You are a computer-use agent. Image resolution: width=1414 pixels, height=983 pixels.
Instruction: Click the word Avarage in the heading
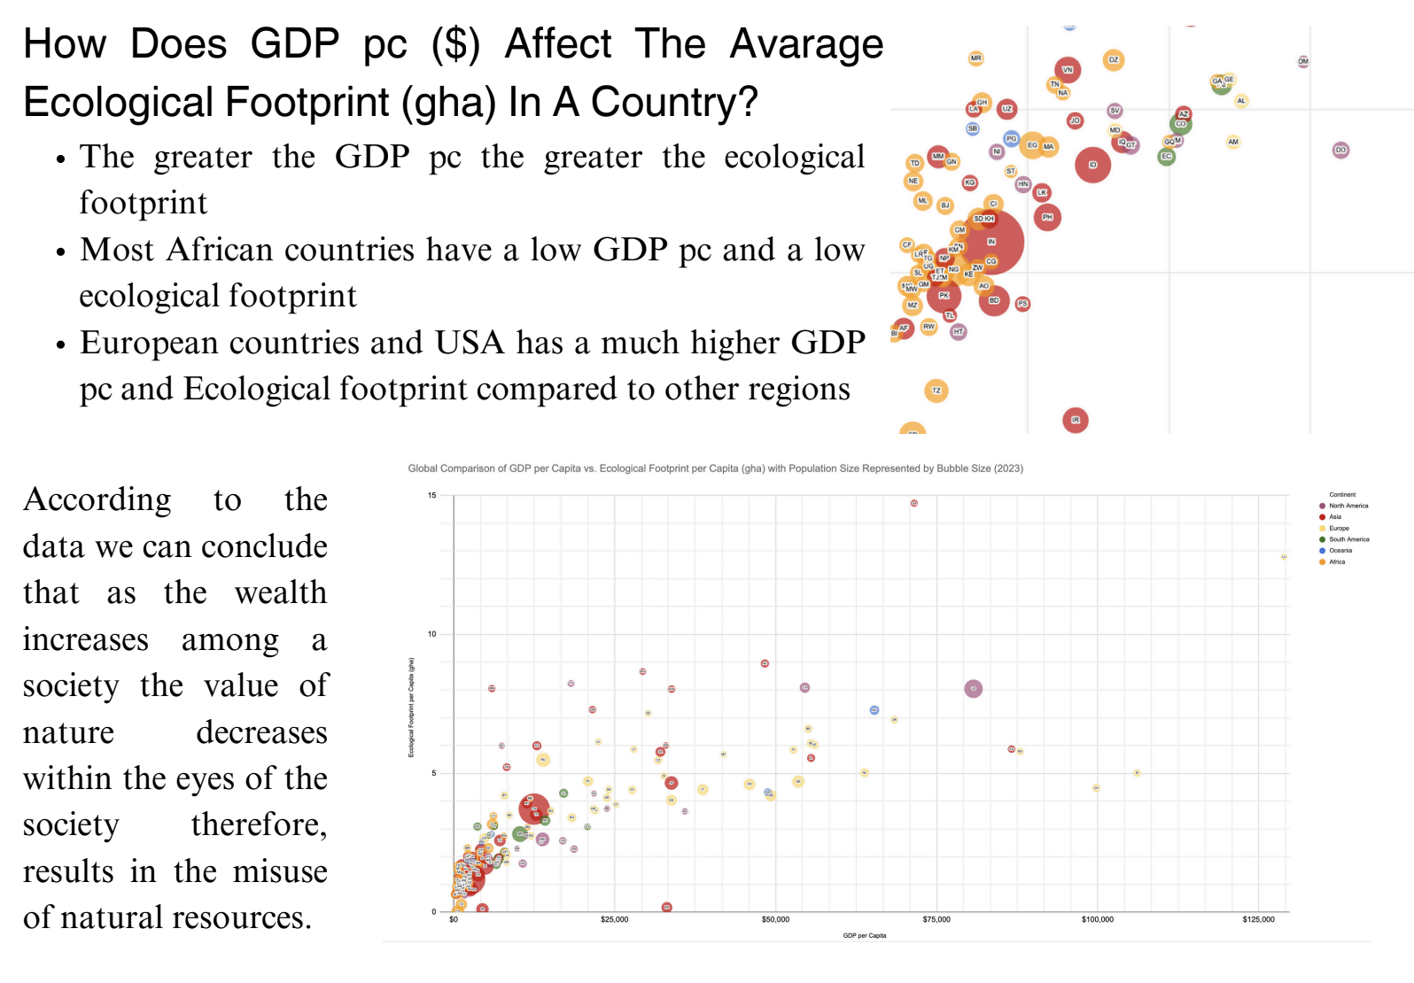[806, 44]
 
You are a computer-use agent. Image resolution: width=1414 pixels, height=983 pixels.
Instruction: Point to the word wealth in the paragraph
[281, 592]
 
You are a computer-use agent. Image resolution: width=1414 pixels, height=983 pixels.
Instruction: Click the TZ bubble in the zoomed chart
[936, 391]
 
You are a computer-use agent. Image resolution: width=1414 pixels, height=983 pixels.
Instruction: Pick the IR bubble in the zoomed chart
[1075, 420]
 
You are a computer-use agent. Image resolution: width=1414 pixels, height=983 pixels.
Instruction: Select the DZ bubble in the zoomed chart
[1114, 60]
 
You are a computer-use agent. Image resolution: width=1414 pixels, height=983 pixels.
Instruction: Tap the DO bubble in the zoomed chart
[1340, 150]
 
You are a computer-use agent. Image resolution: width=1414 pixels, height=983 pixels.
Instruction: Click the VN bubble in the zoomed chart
[1068, 70]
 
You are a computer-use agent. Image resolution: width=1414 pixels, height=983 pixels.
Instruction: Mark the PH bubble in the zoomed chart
[1047, 217]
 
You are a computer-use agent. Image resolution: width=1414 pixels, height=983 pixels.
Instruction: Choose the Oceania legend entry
[1340, 551]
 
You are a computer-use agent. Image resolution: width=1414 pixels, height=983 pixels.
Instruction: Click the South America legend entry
[1348, 539]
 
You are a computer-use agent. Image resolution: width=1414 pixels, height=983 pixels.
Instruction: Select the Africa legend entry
[1337, 562]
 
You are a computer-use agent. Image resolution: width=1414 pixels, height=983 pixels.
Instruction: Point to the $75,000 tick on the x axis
[936, 920]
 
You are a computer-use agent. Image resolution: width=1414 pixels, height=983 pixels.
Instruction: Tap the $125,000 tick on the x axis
[1258, 920]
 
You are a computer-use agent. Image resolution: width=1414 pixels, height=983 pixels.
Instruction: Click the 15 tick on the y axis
[432, 496]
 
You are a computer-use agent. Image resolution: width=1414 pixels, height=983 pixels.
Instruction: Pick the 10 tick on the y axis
[432, 634]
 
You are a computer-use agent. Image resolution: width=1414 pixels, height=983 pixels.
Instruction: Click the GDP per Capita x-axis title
[864, 935]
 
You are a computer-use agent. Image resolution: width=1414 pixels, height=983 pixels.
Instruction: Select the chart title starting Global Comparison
[715, 468]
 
